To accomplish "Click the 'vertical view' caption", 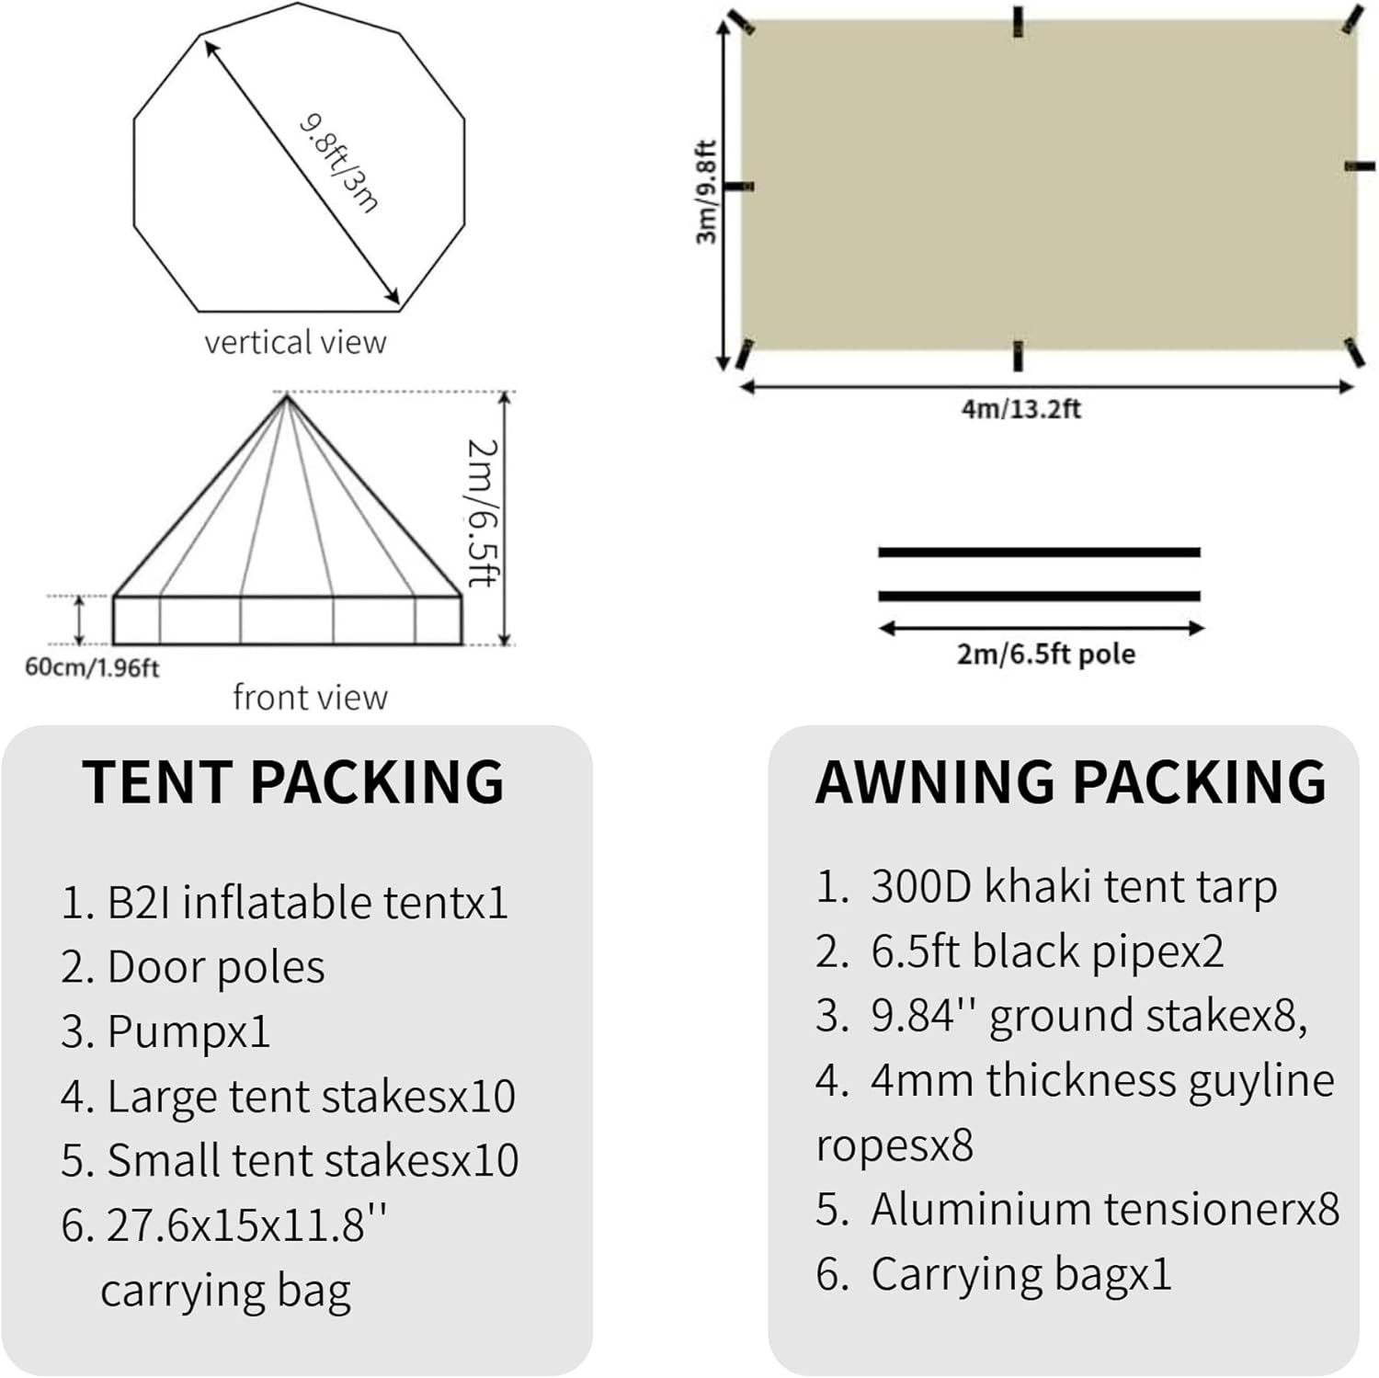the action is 295,342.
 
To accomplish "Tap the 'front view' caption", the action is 310,697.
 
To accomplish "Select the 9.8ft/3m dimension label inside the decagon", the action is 339,163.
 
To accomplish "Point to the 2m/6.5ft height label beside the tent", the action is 482,512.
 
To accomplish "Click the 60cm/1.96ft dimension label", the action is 92,667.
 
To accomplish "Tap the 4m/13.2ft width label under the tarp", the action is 1020,408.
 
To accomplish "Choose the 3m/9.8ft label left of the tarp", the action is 705,191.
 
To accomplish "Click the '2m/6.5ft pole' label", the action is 1046,655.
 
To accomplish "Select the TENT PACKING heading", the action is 293,782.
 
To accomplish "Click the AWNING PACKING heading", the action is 1071,782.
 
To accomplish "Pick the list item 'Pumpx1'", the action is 165,1031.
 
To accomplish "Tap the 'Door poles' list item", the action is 193,967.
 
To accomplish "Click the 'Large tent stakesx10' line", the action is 288,1096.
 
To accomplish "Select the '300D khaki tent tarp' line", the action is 1046,886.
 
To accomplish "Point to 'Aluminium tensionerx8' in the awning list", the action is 1077,1209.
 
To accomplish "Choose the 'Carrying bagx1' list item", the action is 994,1274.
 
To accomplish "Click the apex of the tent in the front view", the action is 287,395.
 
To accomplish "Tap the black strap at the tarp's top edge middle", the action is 1018,22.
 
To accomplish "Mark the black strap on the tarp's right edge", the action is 1360,166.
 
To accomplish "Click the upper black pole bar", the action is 1039,552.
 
